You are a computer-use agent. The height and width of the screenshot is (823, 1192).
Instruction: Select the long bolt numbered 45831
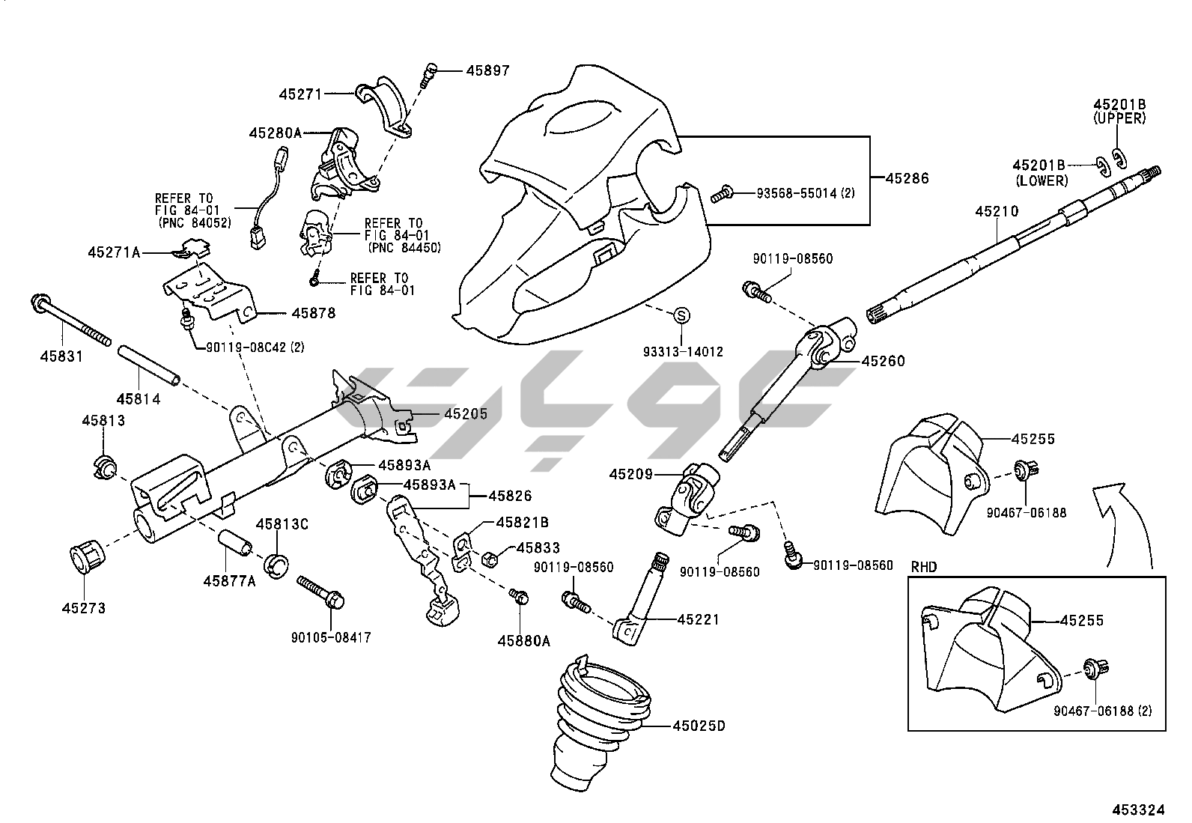pyautogui.click(x=71, y=323)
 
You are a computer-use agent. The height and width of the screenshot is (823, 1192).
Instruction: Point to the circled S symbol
pyautogui.click(x=681, y=316)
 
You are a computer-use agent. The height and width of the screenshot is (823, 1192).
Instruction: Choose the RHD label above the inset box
pyautogui.click(x=923, y=567)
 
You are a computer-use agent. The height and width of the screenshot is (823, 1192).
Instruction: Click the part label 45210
pyautogui.click(x=996, y=212)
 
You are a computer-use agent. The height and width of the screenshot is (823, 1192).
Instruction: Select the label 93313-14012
pyautogui.click(x=683, y=351)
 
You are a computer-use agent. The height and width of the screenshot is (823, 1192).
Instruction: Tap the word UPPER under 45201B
pyautogui.click(x=1119, y=118)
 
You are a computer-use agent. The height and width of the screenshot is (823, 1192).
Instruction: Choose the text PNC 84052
pyautogui.click(x=195, y=222)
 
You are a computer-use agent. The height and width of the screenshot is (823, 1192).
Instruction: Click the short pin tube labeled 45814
pyautogui.click(x=149, y=365)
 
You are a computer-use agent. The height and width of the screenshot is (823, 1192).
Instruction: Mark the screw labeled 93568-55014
pyautogui.click(x=722, y=193)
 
